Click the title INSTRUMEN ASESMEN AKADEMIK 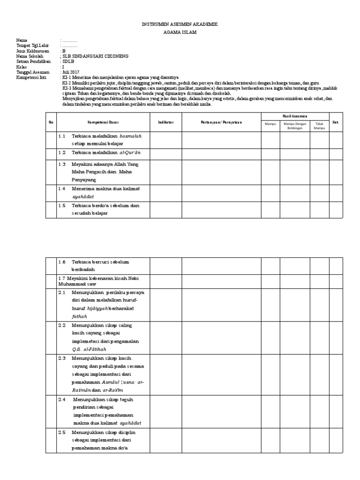click(x=180, y=23)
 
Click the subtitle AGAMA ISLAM click(x=180, y=32)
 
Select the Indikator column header click(x=165, y=123)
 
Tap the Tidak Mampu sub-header click(x=319, y=126)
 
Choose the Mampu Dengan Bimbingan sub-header click(x=294, y=126)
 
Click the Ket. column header click(x=336, y=122)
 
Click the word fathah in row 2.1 click(x=79, y=316)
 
